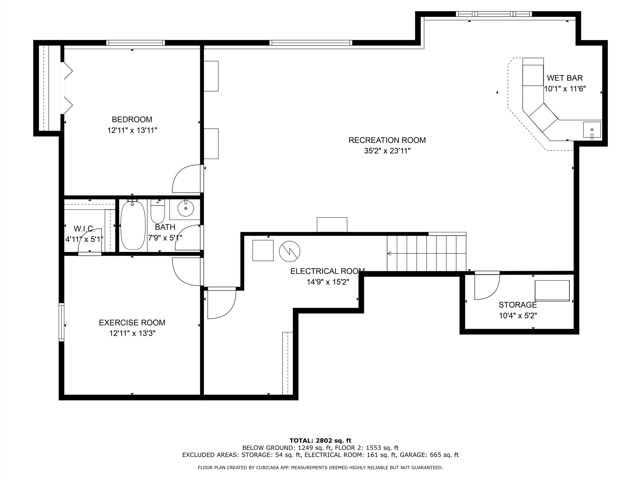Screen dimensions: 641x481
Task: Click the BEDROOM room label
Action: [132, 119]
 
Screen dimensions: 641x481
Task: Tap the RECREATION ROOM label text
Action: [387, 140]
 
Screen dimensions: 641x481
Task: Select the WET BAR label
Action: [565, 78]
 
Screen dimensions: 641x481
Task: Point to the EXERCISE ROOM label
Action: [132, 323]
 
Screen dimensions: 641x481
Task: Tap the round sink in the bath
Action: [186, 208]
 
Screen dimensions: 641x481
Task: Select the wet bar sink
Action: [592, 130]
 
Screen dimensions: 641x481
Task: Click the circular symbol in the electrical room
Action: [289, 251]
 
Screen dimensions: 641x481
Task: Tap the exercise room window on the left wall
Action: [61, 322]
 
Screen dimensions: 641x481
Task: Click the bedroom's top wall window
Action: [135, 43]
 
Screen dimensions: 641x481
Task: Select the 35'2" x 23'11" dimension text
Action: [387, 151]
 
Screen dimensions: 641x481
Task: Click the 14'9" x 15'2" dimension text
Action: [328, 282]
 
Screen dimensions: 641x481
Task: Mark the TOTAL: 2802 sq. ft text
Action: [320, 441]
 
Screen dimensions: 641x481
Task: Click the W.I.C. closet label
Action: [84, 229]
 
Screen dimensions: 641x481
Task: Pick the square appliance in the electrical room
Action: [263, 251]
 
